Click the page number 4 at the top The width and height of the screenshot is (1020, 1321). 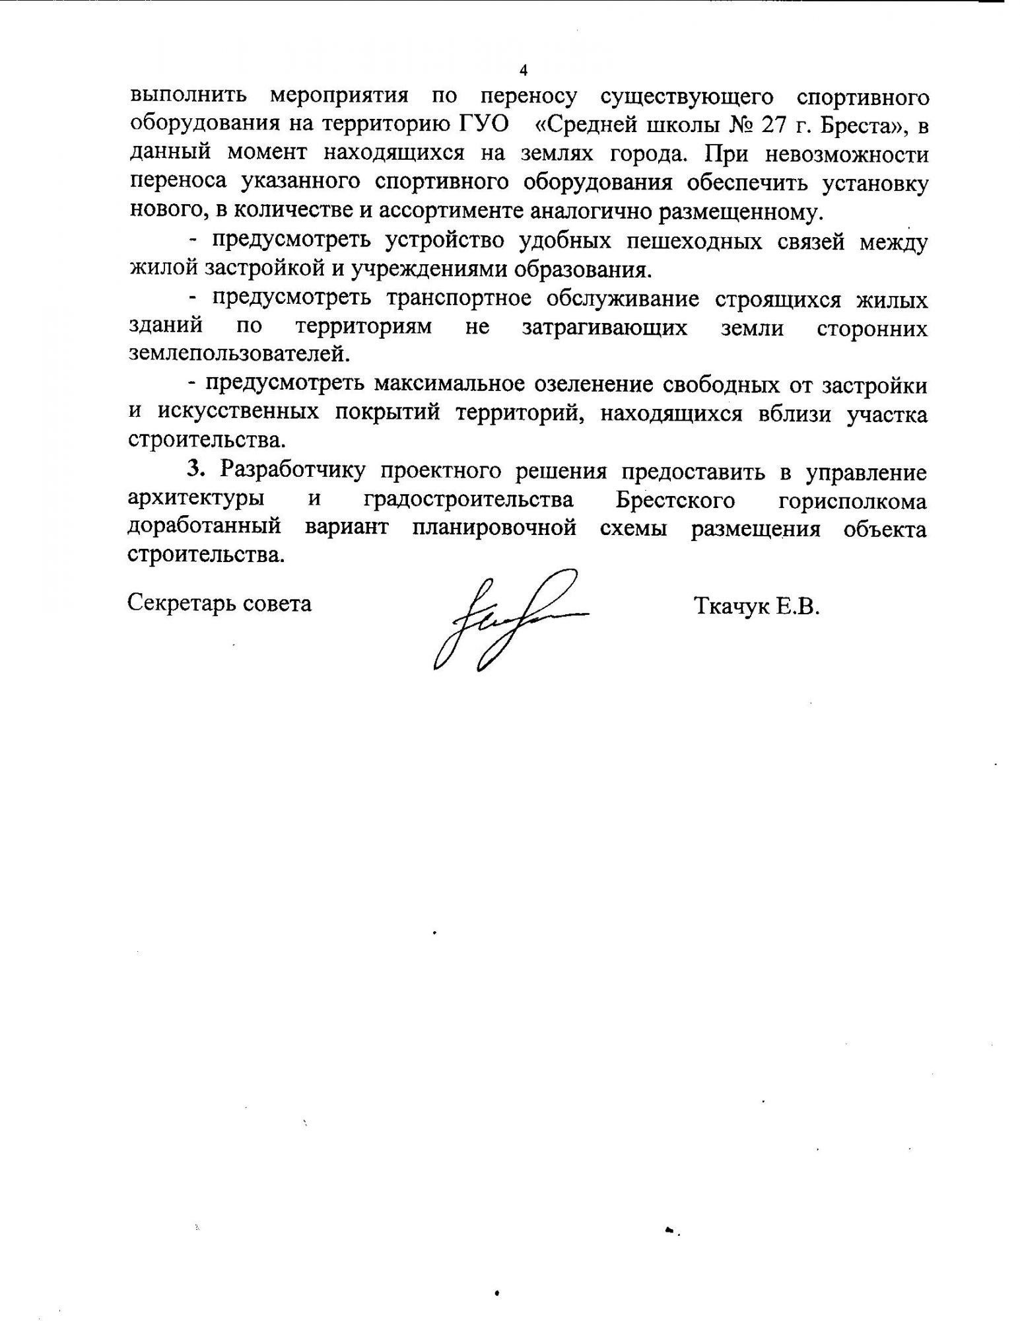click(524, 71)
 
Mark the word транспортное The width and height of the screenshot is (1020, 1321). click(459, 299)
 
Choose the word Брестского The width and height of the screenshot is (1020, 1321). click(675, 499)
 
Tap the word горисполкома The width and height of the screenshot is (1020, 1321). click(852, 501)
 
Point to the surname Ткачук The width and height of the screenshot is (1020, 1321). click(730, 606)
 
